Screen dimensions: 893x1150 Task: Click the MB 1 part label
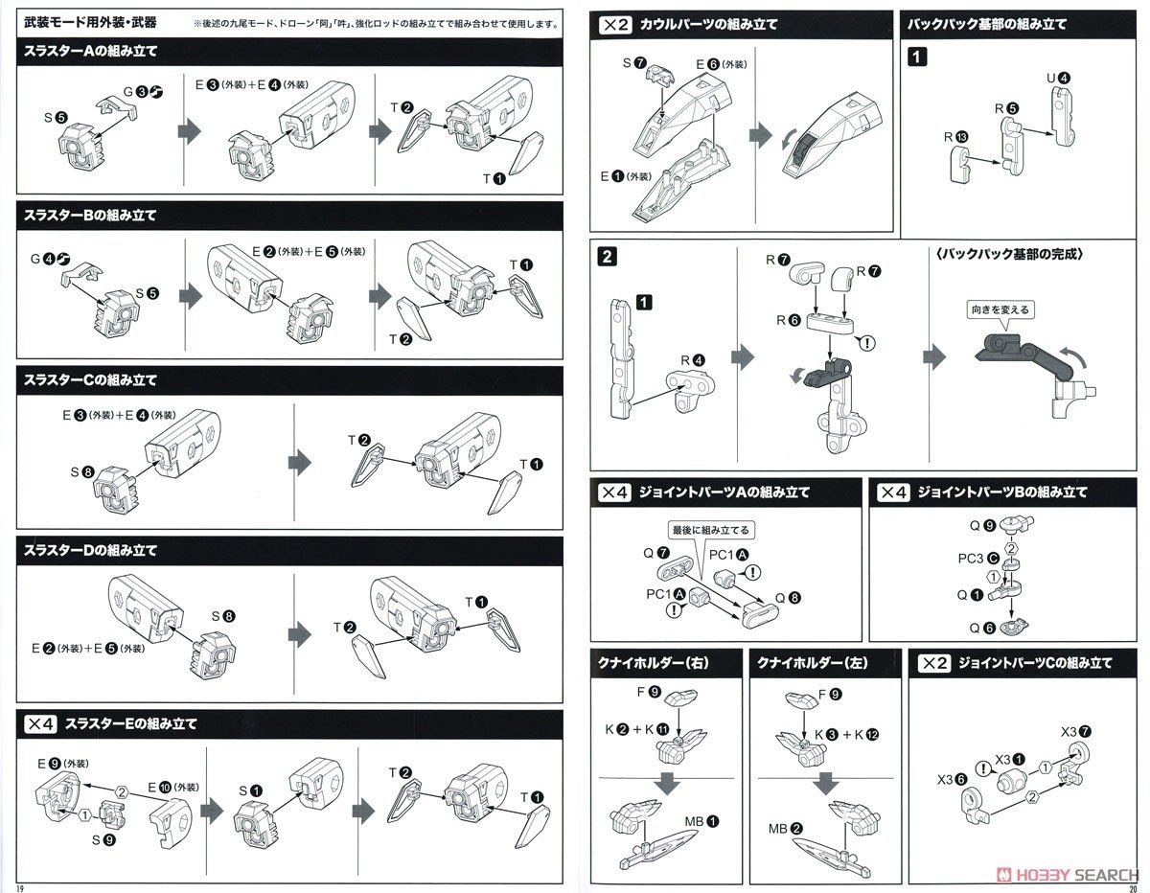tap(703, 821)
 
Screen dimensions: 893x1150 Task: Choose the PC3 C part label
tap(977, 558)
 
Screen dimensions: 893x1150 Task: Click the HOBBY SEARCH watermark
tap(1069, 874)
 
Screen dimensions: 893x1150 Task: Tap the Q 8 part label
tap(786, 596)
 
